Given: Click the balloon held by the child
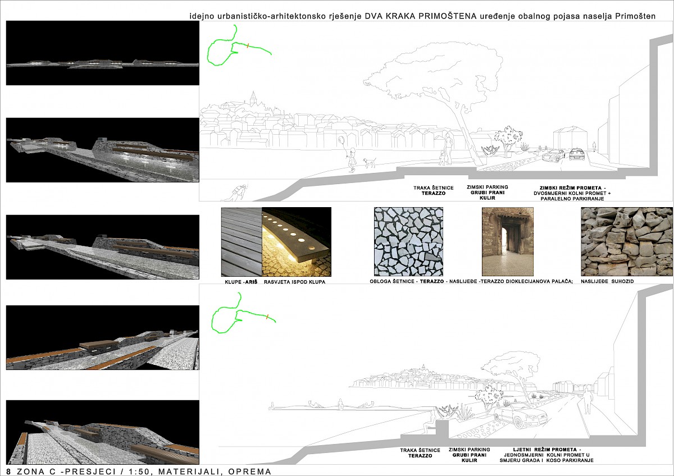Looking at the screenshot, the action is [x=341, y=141].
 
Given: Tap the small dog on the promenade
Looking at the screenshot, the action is [x=370, y=163].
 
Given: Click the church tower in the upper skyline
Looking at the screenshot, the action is [x=254, y=99].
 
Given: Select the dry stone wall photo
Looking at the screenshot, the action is [x=627, y=241].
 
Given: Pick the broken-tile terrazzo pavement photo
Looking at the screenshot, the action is [x=409, y=241].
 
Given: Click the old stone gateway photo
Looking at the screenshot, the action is [x=508, y=241].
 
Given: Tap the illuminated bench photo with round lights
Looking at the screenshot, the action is [x=297, y=242].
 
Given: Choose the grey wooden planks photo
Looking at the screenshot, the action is [x=242, y=242].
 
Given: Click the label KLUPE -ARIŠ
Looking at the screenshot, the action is [x=241, y=282].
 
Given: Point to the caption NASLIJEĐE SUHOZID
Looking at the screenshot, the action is [x=607, y=281].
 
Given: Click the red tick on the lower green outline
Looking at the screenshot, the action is [x=267, y=317].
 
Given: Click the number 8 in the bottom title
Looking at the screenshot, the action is [x=8, y=472].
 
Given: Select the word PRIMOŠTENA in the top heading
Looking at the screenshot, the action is [x=448, y=16].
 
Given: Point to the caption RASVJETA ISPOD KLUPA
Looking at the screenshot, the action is [x=294, y=282].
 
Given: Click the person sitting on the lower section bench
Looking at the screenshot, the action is [x=430, y=423].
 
